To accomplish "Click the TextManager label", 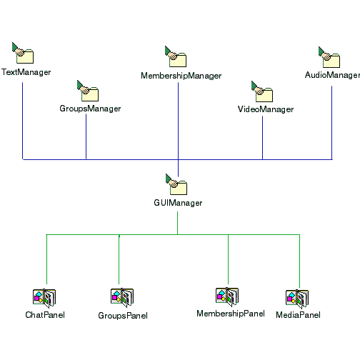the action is pos(26,72).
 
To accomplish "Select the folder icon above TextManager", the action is pos(23,53).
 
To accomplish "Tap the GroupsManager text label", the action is pos(90,109).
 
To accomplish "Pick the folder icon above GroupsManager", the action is pos(88,91).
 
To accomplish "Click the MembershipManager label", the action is pos(181,76).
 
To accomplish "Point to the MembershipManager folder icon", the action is pos(176,56).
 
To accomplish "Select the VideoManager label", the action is pos(266,109).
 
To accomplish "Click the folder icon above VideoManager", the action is pos(262,91).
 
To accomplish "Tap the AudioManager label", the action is pos(332,75).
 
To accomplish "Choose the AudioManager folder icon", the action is pos(329,57).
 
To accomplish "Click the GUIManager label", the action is pos(178,203).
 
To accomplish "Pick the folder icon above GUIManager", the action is pos(176,184).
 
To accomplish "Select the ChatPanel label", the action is pos(45,315).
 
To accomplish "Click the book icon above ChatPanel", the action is pos(44,298).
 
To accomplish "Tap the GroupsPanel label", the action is pos(123,316).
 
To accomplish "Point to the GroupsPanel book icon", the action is pos(122,297).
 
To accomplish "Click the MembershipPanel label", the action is pos(231,314).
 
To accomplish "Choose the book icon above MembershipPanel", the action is pos(227,296).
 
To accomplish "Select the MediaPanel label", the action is pos(298,315).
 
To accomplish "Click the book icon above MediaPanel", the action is pos(297,299).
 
